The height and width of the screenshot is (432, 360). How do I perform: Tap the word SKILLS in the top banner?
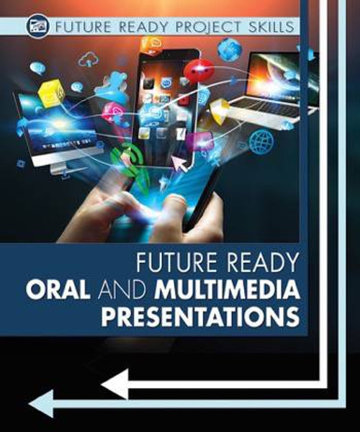pyautogui.click(x=270, y=27)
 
